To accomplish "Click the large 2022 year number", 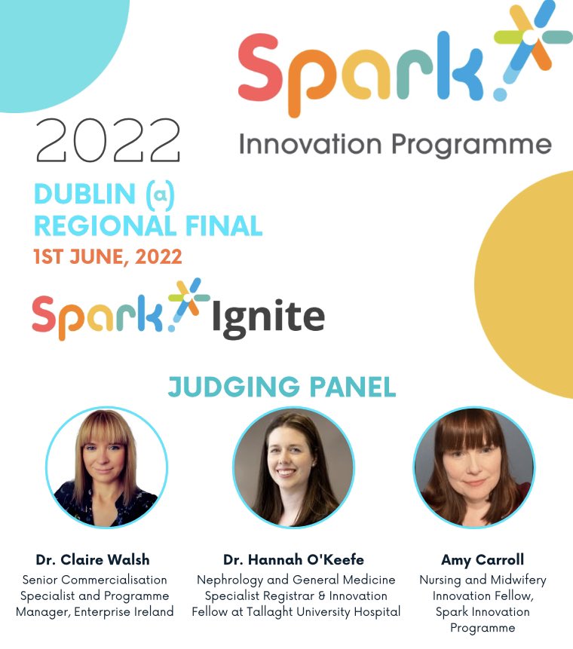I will [x=109, y=141].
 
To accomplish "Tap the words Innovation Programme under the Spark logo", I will [x=395, y=143].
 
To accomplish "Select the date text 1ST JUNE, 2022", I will [x=108, y=256].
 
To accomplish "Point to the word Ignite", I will [x=268, y=317].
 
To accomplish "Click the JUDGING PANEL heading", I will [x=282, y=387].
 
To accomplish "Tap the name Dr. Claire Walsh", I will [x=93, y=559].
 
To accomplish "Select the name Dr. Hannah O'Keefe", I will [x=293, y=559].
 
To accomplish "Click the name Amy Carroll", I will [x=483, y=559].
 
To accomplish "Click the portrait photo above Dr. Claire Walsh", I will [x=106, y=467].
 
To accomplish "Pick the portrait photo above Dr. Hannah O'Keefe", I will [x=293, y=467].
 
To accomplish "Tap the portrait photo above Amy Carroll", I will [x=473, y=467].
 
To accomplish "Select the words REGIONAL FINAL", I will [x=149, y=225].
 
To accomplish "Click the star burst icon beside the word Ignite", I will [x=188, y=301].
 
